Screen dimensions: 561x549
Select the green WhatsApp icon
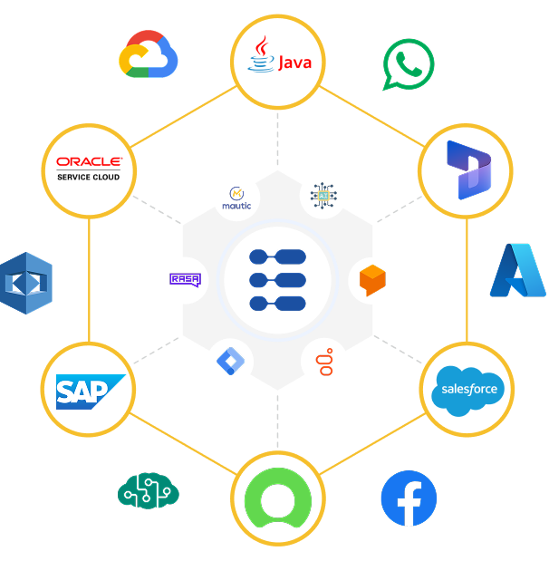point(409,64)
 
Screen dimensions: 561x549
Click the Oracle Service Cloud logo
point(89,169)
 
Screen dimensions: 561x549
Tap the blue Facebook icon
point(409,498)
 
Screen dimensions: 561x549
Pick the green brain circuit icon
point(149,491)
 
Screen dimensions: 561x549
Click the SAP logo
point(89,391)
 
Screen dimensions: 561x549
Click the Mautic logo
point(237,197)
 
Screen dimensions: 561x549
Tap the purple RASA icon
point(184,281)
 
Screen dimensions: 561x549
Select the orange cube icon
point(371,280)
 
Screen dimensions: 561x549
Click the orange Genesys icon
point(324,363)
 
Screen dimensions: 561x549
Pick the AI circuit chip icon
point(323,194)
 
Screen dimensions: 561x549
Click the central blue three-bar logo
point(277,280)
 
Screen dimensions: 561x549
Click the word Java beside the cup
point(294,63)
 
